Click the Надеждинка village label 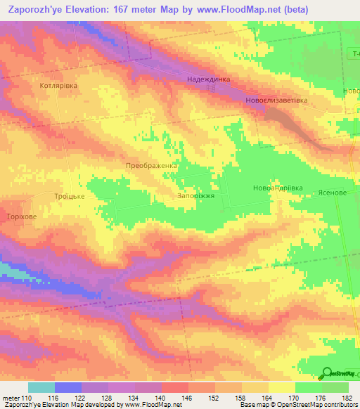[209, 79]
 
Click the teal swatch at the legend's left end [41, 387]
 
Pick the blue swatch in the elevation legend [67, 387]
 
